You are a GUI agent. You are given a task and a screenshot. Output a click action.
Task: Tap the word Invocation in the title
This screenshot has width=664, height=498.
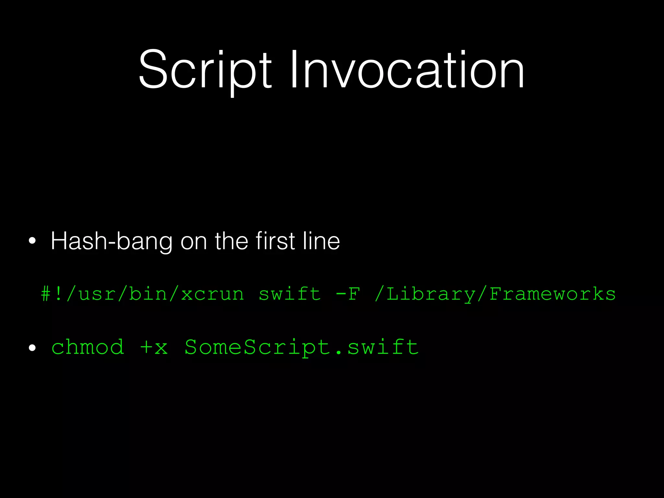pyautogui.click(x=407, y=70)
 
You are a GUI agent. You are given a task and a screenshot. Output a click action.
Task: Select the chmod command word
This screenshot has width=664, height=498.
pyautogui.click(x=88, y=347)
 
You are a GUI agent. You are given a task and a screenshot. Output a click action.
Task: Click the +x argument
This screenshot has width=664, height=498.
pyautogui.click(x=154, y=347)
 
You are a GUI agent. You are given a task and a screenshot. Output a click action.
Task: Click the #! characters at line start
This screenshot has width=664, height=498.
pyautogui.click(x=52, y=294)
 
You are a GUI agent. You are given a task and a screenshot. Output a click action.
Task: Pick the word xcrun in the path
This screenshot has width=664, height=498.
pyautogui.click(x=212, y=294)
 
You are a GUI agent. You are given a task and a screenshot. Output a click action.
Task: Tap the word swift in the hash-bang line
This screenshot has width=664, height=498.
pyautogui.click(x=290, y=294)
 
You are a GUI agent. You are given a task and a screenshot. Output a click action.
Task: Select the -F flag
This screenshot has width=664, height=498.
pyautogui.click(x=348, y=294)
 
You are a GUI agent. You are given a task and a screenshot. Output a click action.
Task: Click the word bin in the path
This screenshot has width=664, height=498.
pyautogui.click(x=148, y=294)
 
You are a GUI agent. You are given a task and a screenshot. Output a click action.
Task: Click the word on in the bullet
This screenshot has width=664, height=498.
pyautogui.click(x=194, y=242)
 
